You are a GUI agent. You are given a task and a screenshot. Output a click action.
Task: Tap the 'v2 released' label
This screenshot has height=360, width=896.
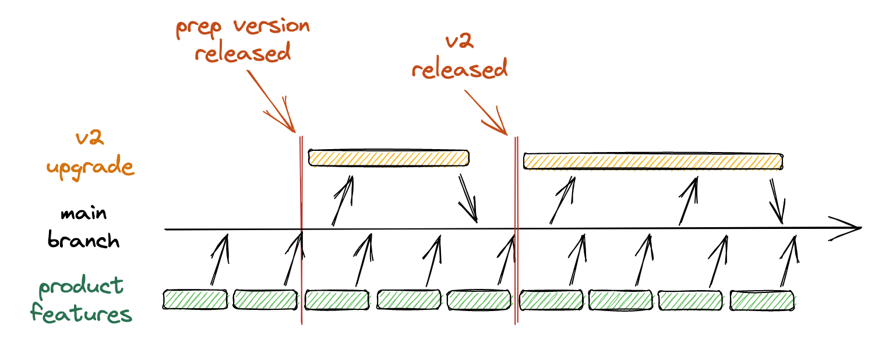460,57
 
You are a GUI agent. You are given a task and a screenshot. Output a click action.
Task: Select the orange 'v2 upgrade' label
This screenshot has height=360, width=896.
90,153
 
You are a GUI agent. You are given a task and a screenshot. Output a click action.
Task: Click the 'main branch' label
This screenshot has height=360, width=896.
83,227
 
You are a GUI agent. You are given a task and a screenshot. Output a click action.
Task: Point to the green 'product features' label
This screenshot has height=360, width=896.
81,300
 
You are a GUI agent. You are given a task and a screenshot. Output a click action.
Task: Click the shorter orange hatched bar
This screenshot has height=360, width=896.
389,158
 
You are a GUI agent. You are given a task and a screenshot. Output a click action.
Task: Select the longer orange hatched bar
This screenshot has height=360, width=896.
653,161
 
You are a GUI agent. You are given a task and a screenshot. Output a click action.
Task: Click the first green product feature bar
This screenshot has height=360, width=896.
195,299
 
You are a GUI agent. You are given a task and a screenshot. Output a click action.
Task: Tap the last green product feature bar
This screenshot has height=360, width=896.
762,299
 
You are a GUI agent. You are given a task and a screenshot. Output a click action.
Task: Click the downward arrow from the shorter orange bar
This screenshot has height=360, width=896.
468,199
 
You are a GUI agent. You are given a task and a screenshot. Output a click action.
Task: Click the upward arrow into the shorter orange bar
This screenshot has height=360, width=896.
343,200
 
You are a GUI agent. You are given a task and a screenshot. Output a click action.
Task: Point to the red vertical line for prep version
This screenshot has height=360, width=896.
301,233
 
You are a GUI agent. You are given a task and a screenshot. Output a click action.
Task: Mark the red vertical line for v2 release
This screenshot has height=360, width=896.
516,233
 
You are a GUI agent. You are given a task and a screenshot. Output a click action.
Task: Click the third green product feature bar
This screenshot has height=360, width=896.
337,299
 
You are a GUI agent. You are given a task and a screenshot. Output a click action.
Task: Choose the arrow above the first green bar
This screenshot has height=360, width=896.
219,260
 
